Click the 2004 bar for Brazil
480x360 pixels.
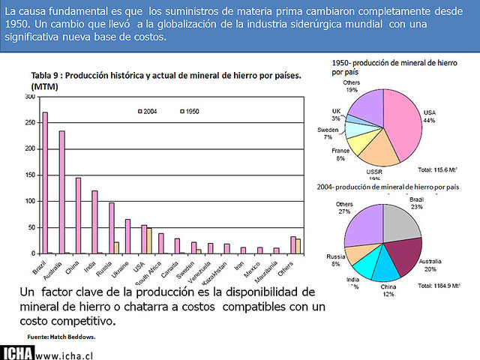click(x=45, y=183)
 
